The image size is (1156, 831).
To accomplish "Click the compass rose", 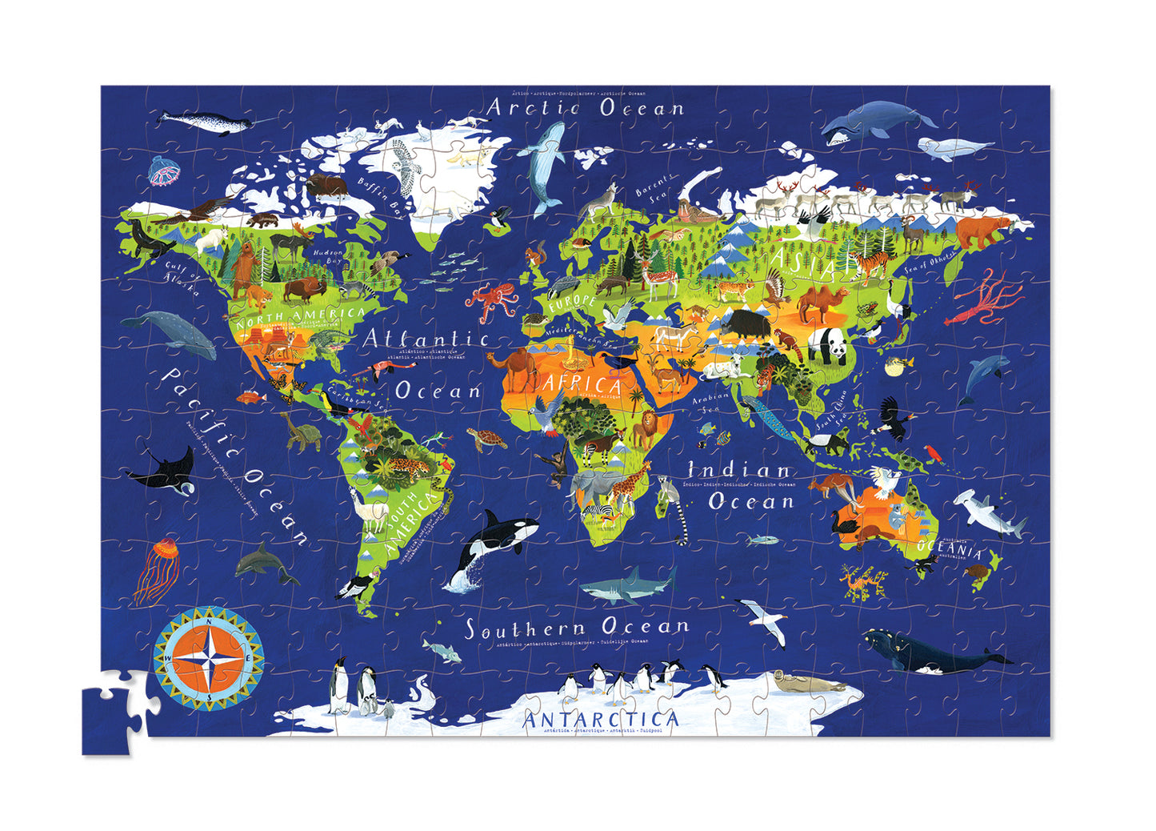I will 209,659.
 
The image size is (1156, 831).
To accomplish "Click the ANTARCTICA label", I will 600,719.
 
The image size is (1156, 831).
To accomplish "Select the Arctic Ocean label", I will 586,107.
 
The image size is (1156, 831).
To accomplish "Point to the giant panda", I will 827,347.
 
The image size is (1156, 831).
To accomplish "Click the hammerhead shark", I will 990,512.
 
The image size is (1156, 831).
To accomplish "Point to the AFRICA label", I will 582,383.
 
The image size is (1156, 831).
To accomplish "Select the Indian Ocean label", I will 740,486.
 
